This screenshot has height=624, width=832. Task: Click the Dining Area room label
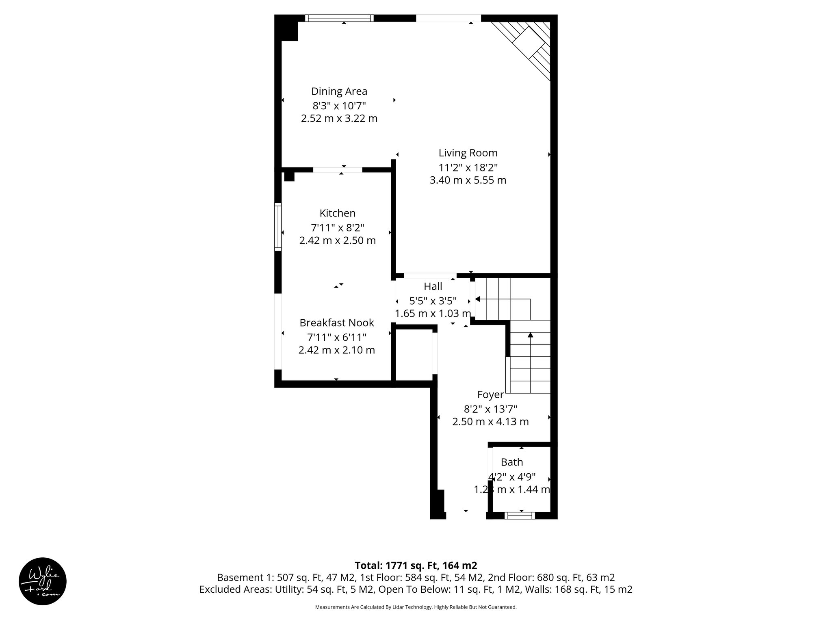339,91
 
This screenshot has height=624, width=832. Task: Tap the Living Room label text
468,153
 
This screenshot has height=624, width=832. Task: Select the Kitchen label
337,213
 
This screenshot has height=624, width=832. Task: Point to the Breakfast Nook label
337,323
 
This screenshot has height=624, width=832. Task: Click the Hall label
433,286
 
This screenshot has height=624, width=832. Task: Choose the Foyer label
490,394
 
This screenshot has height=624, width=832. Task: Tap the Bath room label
512,462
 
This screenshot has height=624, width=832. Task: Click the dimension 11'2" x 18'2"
468,167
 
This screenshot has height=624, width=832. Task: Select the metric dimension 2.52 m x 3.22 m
339,119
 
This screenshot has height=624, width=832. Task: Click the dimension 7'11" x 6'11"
337,337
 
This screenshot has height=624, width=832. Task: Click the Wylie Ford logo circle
43,581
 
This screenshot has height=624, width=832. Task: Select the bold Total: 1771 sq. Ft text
416,565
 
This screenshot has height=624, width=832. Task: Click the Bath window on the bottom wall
519,515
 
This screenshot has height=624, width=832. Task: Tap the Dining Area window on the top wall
339,18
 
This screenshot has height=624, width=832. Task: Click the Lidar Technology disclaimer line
416,607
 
